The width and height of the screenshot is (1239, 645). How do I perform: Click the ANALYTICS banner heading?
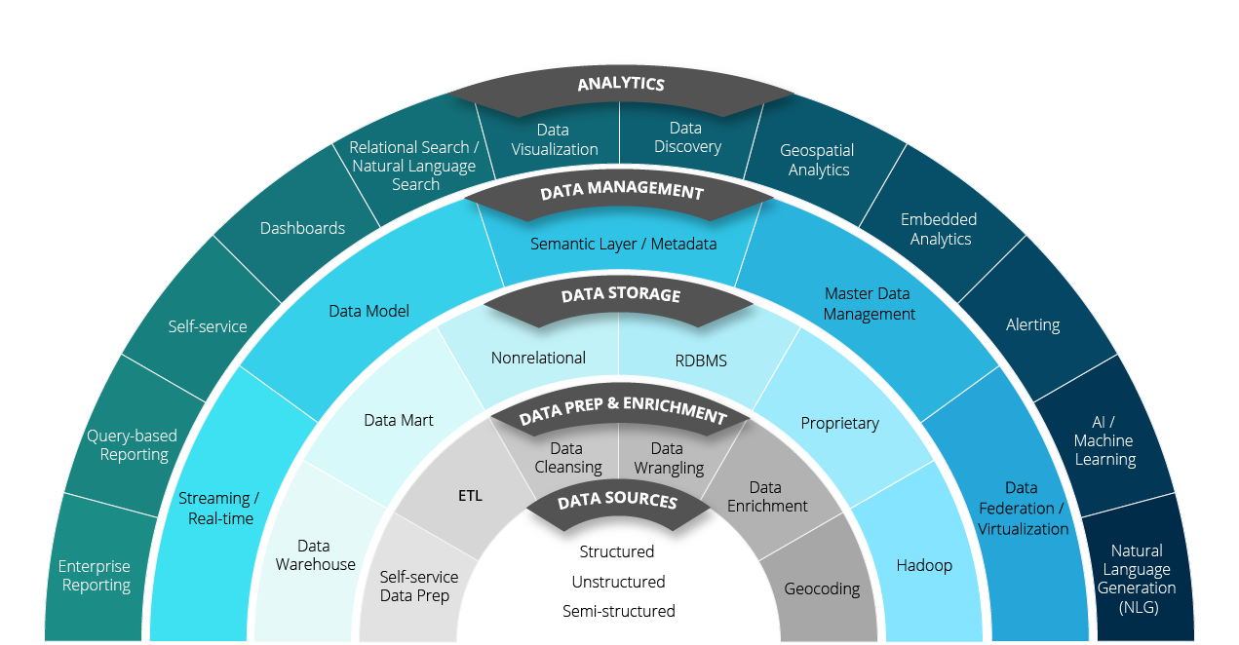coord(620,84)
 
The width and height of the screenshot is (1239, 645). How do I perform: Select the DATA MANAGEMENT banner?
coord(621,192)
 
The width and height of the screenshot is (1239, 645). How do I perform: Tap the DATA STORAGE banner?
coord(620,294)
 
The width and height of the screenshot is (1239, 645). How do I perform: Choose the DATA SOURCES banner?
coord(617,502)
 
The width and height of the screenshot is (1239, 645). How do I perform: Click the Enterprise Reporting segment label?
coord(95,576)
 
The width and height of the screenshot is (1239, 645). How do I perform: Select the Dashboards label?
coord(302,228)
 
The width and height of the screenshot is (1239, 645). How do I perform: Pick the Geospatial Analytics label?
coord(817,160)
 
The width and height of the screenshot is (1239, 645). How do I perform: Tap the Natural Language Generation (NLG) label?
coord(1136,579)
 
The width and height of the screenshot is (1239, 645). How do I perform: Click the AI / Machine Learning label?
coord(1104,440)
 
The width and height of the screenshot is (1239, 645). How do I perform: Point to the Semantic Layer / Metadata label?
coord(623,244)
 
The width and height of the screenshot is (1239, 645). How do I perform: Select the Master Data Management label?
coord(869,304)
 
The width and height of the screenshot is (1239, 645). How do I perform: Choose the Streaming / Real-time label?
coord(219,509)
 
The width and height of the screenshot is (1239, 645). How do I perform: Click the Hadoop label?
coord(924,565)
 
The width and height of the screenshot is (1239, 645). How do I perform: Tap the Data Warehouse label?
coord(315,555)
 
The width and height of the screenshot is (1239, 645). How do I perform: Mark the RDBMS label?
coord(701,360)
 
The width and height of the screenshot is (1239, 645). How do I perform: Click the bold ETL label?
coord(470,496)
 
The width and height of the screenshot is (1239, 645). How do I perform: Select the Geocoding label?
coord(822,588)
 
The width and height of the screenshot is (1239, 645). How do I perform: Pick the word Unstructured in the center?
coord(618,582)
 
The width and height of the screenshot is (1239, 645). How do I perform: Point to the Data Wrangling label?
coord(668,458)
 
